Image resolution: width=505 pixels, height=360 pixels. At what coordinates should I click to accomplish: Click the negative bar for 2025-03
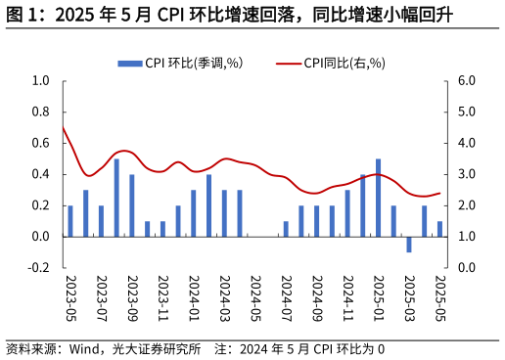pyautogui.click(x=409, y=245)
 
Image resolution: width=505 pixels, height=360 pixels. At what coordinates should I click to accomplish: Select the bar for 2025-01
pyautogui.click(x=378, y=198)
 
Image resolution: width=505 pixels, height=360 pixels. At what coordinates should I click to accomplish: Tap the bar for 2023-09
pyautogui.click(x=132, y=205)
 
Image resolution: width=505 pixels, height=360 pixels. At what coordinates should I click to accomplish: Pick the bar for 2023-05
pyautogui.click(x=70, y=221)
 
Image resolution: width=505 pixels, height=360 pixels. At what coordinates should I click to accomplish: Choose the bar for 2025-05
pyautogui.click(x=439, y=229)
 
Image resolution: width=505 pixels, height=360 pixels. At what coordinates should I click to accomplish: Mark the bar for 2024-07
pyautogui.click(x=286, y=229)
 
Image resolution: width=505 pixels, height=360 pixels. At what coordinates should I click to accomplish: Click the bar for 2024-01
pyautogui.click(x=194, y=213)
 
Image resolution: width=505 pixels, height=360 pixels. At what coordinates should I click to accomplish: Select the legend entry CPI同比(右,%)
pyautogui.click(x=344, y=64)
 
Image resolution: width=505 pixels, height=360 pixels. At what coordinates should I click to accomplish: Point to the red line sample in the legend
pyautogui.click(x=288, y=64)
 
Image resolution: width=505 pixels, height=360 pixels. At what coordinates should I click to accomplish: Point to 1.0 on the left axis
pyautogui.click(x=40, y=81)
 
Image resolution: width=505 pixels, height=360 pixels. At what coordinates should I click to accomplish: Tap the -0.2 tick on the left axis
pyautogui.click(x=39, y=268)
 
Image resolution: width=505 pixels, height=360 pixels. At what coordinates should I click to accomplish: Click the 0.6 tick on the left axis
pyautogui.click(x=40, y=144)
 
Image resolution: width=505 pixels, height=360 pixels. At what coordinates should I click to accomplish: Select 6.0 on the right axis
pyautogui.click(x=466, y=81)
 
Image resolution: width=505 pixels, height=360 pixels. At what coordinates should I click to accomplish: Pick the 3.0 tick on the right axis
pyautogui.click(x=466, y=175)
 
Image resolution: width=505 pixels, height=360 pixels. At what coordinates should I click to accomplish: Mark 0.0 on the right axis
pyautogui.click(x=466, y=268)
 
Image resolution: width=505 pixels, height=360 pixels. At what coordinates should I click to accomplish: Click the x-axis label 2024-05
pyautogui.click(x=255, y=296)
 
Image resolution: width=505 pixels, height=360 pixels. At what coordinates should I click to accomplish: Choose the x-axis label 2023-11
pyautogui.click(x=163, y=296)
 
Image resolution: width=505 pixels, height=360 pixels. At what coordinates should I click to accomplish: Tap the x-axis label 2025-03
pyautogui.click(x=409, y=296)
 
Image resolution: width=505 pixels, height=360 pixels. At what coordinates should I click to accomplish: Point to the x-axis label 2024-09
pyautogui.click(x=317, y=296)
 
